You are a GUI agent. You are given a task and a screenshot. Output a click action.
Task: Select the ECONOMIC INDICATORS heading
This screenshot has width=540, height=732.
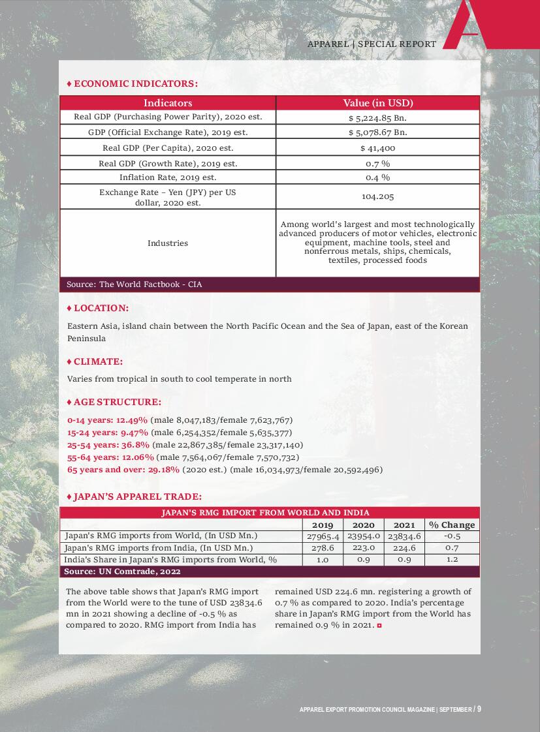(x=135, y=84)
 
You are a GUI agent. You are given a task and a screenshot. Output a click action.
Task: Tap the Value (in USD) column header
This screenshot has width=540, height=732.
(x=378, y=103)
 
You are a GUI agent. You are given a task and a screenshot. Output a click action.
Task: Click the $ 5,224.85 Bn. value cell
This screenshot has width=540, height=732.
(x=377, y=118)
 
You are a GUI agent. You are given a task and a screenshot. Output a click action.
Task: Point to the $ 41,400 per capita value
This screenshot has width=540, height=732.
(x=377, y=148)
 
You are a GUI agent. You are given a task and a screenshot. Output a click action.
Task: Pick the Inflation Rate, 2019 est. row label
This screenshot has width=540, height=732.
(x=168, y=177)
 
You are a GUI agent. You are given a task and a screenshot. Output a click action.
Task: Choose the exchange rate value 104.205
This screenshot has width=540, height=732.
(x=377, y=196)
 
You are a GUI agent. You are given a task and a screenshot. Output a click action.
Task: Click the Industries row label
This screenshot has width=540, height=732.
(x=168, y=243)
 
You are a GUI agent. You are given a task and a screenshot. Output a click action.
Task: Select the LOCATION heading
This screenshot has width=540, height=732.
(x=101, y=308)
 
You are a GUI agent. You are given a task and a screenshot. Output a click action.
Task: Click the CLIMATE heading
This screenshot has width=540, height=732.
(x=98, y=361)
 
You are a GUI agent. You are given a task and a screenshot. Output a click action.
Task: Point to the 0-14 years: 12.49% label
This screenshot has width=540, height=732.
(x=108, y=420)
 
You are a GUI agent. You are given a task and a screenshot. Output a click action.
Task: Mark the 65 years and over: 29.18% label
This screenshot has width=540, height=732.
(x=123, y=470)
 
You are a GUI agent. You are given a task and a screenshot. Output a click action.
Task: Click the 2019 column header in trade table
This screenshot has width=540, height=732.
(x=323, y=525)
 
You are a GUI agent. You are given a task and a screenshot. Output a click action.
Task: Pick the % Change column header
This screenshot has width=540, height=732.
(x=452, y=525)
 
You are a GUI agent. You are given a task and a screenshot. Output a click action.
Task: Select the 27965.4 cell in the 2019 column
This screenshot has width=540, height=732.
(x=323, y=536)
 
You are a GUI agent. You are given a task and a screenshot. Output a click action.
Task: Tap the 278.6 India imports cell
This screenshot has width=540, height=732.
(x=323, y=548)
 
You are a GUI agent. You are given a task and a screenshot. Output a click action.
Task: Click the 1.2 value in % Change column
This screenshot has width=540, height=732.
(x=452, y=560)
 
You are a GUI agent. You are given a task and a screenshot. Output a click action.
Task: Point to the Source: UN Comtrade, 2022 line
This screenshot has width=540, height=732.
(x=122, y=572)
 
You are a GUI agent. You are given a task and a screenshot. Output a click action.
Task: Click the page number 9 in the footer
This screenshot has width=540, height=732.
(x=479, y=709)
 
